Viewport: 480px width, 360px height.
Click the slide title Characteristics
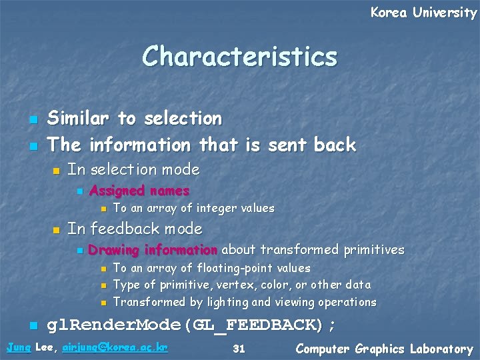point(239,57)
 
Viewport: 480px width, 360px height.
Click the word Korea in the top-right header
point(389,13)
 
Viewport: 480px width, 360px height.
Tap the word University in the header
point(445,13)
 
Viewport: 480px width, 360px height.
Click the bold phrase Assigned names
point(139,191)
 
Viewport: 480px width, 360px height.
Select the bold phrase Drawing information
point(153,250)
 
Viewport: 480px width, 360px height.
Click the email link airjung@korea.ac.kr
point(115,347)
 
